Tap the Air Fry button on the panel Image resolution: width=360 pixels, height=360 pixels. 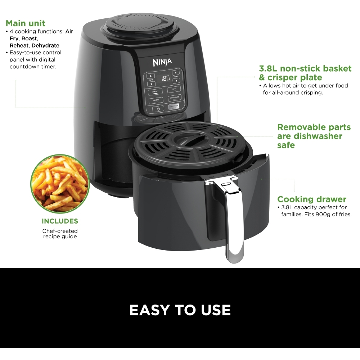[x=155, y=91]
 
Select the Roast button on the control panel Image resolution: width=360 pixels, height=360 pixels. [x=174, y=89]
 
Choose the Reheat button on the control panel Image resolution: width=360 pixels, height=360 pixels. [x=156, y=100]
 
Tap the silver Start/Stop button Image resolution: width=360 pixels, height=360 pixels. [x=174, y=107]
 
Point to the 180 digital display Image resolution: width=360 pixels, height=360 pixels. [x=165, y=78]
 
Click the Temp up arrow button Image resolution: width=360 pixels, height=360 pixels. [x=151, y=76]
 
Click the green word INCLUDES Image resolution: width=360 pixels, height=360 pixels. [x=60, y=221]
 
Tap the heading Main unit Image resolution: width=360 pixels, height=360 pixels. [x=25, y=23]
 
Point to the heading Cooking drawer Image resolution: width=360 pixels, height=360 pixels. [x=312, y=199]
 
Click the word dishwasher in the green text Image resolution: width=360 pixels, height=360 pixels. [x=318, y=136]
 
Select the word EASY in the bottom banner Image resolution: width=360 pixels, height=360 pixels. [x=149, y=310]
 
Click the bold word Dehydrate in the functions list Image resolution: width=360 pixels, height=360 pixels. [x=45, y=45]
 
